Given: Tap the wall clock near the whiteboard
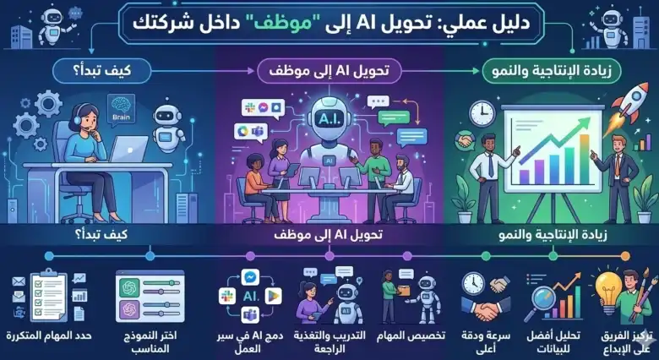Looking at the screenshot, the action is (483, 113).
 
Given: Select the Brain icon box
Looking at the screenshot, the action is (121, 109).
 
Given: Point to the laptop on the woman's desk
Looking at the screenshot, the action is (128, 150).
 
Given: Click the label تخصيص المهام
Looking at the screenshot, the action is (413, 335).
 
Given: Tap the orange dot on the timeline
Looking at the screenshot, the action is (625, 256).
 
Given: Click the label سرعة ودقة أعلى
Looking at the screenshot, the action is (486, 342).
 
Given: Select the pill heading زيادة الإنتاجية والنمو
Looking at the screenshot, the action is (552, 71).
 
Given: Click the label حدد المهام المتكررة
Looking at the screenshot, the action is (49, 335).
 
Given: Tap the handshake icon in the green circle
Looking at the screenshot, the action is (466, 140).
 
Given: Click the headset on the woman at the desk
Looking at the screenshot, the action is (79, 118).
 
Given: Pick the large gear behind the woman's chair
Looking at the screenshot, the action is (48, 104).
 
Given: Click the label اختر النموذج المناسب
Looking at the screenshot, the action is (150, 342).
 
